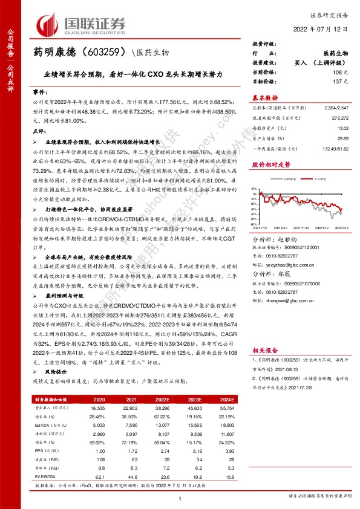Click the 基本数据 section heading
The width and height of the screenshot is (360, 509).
coord(264,97)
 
